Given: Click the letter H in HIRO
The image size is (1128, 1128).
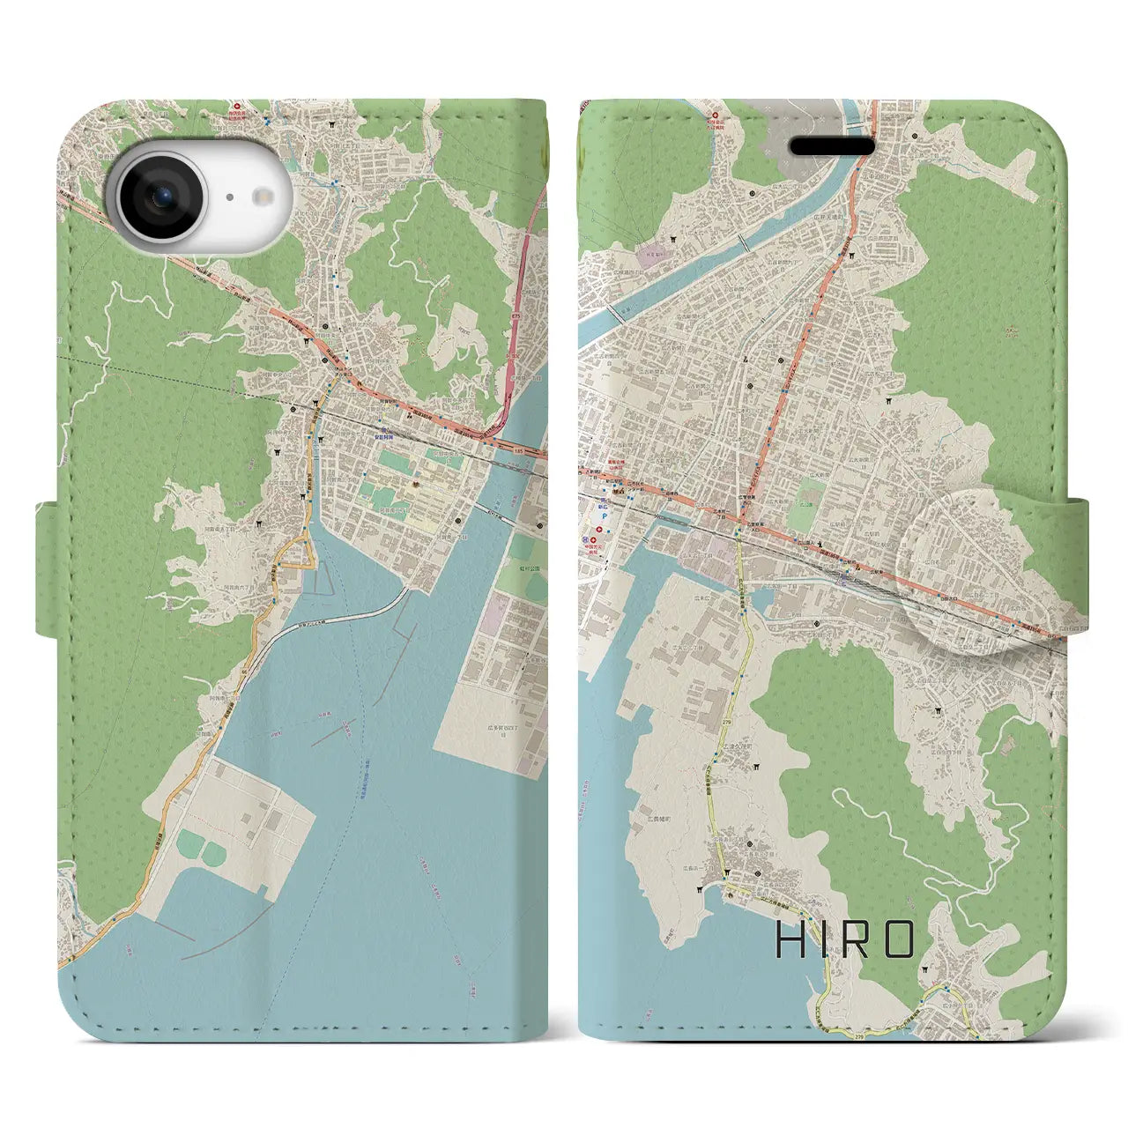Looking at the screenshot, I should click(788, 941).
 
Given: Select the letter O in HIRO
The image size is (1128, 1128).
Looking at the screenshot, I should click(898, 941).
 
